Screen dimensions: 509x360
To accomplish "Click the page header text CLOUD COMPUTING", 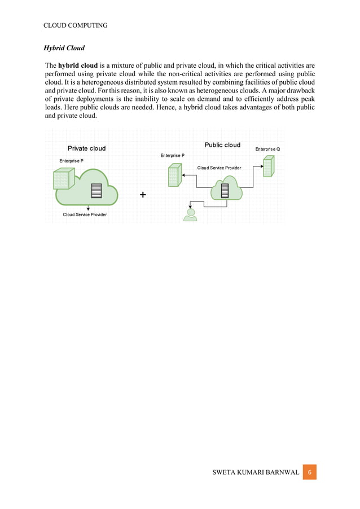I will (75, 25).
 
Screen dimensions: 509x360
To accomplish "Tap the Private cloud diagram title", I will (86, 148).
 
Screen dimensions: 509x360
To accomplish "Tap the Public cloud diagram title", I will (222, 145).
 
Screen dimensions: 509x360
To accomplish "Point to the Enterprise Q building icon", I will (269, 166).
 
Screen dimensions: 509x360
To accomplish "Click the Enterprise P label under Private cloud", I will (72, 161).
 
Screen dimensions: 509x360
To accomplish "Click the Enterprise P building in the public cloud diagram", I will (174, 175).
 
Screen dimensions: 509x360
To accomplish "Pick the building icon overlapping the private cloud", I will (61, 179).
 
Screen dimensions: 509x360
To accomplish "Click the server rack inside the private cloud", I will (96, 191).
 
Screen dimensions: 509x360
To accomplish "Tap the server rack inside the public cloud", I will (225, 190).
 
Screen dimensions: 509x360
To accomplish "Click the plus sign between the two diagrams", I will (142, 195).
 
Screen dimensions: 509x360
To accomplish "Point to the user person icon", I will (190, 215).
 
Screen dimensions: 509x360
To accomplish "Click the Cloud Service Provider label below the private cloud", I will (85, 215).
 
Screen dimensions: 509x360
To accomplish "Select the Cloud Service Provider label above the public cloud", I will (219, 168).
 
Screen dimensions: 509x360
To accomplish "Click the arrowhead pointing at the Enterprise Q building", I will (261, 166).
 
